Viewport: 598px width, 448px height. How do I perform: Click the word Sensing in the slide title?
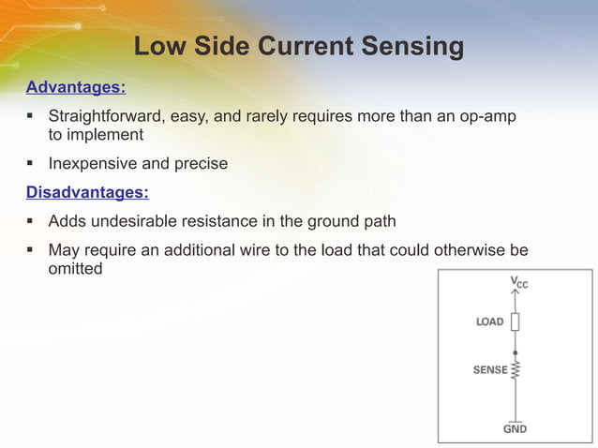coord(408,47)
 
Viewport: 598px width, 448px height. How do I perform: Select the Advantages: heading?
coord(75,88)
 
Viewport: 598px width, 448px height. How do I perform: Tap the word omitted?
coord(75,268)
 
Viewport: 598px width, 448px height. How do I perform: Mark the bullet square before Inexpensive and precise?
coord(31,164)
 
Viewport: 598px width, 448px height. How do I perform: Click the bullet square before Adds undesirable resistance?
coord(31,222)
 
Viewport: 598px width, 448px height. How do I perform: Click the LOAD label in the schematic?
coord(489,321)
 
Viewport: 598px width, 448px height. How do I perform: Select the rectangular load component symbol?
coord(515,321)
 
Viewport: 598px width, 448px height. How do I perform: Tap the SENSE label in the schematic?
coord(489,370)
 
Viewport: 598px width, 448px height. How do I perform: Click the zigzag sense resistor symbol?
coord(515,370)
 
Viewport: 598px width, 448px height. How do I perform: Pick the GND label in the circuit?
coord(515,429)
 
